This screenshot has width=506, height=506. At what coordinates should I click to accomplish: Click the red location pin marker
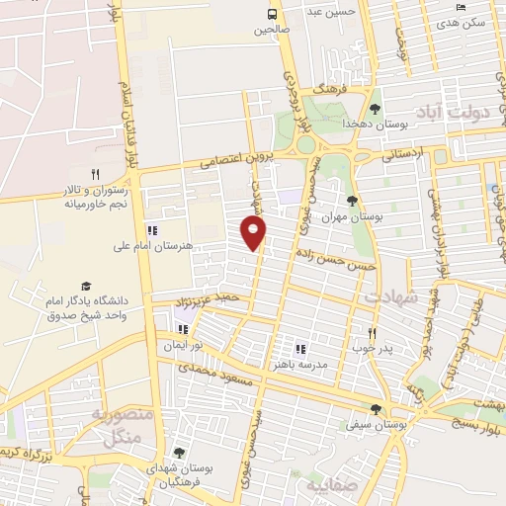click(x=254, y=233)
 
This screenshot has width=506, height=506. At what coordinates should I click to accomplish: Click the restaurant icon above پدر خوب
click(x=372, y=334)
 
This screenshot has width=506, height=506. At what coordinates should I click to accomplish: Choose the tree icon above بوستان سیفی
click(x=375, y=408)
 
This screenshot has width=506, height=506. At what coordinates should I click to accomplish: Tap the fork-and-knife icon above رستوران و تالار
click(x=96, y=175)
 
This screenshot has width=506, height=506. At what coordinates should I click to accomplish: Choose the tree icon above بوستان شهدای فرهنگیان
click(x=179, y=453)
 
